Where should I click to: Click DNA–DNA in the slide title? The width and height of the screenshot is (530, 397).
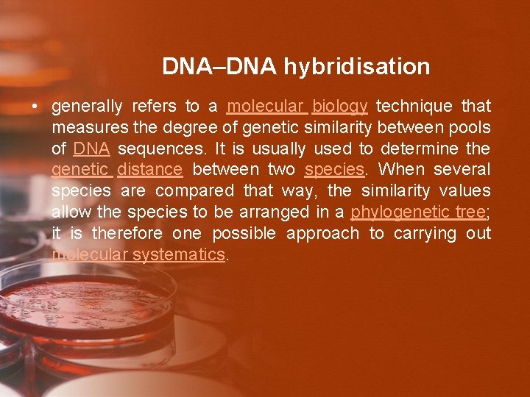[x=219, y=67]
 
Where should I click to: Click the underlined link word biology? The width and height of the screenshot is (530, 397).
[x=339, y=107]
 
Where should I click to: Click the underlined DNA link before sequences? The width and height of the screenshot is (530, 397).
[x=91, y=149]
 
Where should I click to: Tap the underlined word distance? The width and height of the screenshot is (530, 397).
[x=149, y=170]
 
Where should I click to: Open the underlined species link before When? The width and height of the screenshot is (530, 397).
[x=333, y=170]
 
